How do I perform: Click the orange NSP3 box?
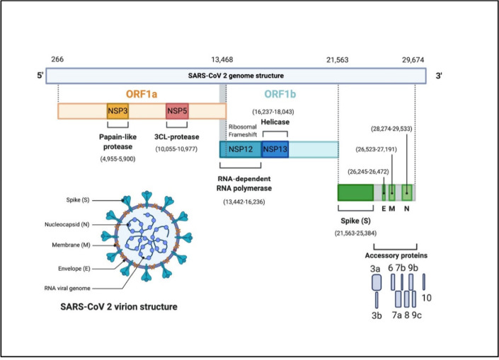pos(117,111)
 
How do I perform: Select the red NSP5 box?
pos(177,111)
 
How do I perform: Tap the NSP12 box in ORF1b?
pos(241,149)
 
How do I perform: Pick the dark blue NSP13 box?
pos(275,149)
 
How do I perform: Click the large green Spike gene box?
pos(355,192)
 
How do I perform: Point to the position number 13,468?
pos(222,59)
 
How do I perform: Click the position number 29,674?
pos(413,59)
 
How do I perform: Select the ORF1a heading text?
pos(142,94)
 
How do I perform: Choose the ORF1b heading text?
pos(280,94)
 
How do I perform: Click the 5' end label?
pos(40,76)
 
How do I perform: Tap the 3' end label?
pos(439,76)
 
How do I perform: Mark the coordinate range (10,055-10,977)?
pos(176,149)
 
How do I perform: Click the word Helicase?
pos(275,122)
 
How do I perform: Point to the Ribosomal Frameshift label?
pos(243,131)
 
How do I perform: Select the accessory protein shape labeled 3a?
pos(377,282)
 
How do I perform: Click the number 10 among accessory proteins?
pos(426,298)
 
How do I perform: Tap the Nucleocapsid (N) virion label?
pos(67,224)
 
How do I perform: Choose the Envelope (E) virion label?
pos(74,269)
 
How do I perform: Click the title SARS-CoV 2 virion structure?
pos(119,307)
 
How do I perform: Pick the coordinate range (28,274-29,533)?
pos(391,129)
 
